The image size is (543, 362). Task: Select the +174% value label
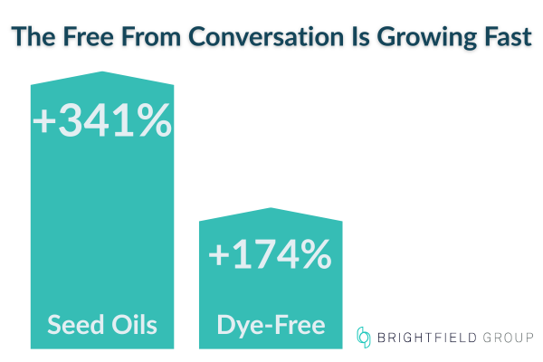[x=270, y=255]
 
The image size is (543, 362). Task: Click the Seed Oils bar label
[x=101, y=324]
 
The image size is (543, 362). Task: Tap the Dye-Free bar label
[x=271, y=324]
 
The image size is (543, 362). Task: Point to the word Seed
[x=72, y=324]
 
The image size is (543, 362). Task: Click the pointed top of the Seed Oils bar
[x=101, y=73]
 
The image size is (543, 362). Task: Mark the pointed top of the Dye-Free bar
[x=271, y=210]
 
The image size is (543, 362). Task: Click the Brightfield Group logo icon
[x=365, y=338]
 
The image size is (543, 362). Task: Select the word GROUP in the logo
[x=507, y=338]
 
